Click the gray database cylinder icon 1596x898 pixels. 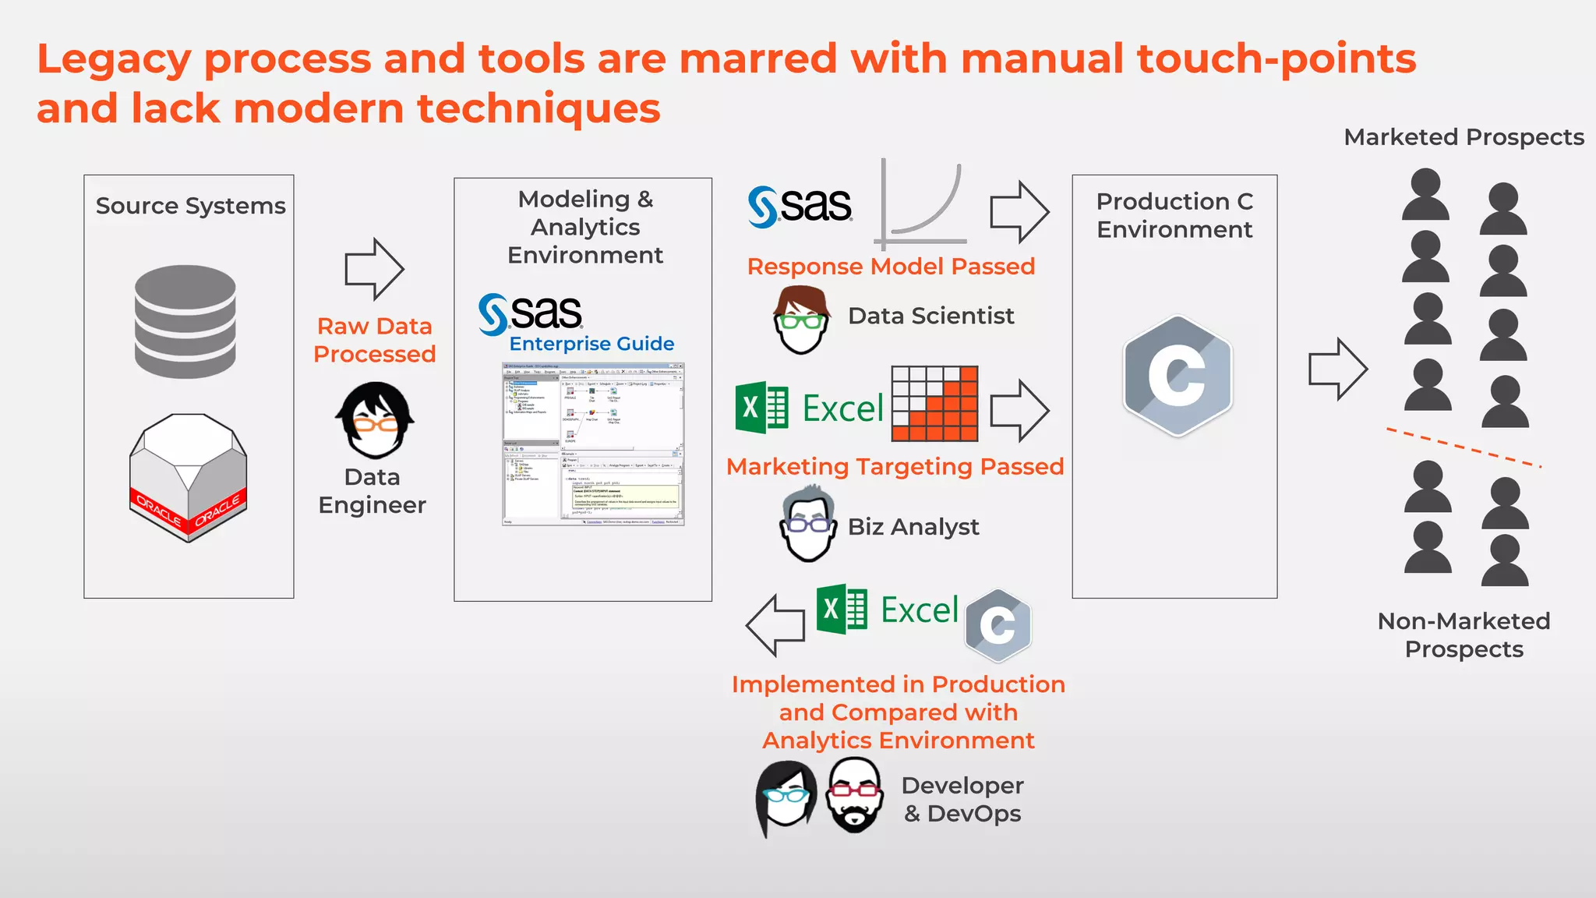(x=185, y=321)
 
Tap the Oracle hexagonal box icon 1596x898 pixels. (x=188, y=477)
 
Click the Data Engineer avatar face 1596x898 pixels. (x=374, y=421)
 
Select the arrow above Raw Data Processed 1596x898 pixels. (x=374, y=269)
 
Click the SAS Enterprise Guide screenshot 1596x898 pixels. (x=593, y=444)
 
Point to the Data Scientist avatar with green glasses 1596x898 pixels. (x=801, y=320)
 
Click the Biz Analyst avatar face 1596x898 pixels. (x=808, y=525)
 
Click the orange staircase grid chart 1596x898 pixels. (x=934, y=404)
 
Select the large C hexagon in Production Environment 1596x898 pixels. (x=1177, y=376)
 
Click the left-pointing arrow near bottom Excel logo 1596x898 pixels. (x=775, y=624)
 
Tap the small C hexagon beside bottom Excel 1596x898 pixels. (x=997, y=625)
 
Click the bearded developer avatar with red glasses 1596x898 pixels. (x=855, y=795)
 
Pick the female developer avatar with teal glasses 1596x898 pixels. (x=786, y=797)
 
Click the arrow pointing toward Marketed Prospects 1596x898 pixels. (x=1337, y=369)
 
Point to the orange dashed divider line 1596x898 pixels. (x=1464, y=447)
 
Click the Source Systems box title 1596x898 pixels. (x=190, y=206)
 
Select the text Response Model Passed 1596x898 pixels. (x=891, y=267)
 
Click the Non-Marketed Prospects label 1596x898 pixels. (x=1464, y=635)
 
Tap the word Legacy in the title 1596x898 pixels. (x=114, y=59)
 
